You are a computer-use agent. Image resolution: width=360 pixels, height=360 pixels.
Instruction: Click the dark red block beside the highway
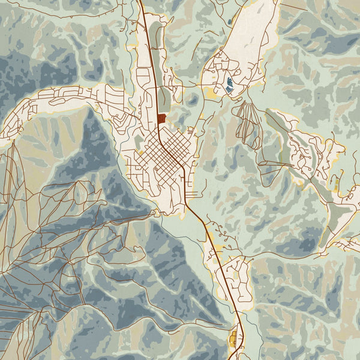pos(162,119)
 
